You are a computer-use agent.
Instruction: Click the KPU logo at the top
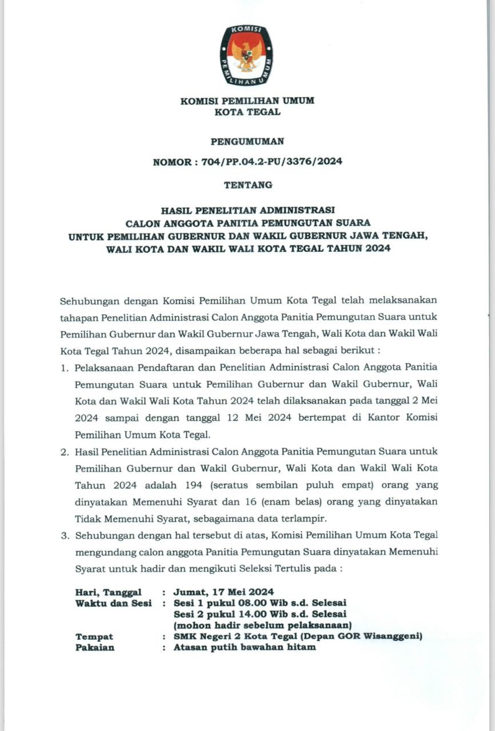247,55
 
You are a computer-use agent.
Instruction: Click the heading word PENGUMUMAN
247,142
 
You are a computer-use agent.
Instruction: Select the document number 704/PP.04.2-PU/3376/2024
272,162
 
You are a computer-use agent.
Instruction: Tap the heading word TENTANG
247,185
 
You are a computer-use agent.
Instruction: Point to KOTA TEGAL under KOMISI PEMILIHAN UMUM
247,112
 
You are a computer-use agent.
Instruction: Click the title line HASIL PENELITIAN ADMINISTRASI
247,210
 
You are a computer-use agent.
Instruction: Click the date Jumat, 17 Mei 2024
223,592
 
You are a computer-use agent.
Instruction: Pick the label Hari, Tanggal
108,592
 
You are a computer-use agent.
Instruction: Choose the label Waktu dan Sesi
113,603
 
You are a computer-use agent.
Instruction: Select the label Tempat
94,636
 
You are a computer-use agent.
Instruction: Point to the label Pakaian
94,648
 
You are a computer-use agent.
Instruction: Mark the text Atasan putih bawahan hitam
245,648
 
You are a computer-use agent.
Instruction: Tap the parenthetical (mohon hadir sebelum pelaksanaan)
262,625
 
